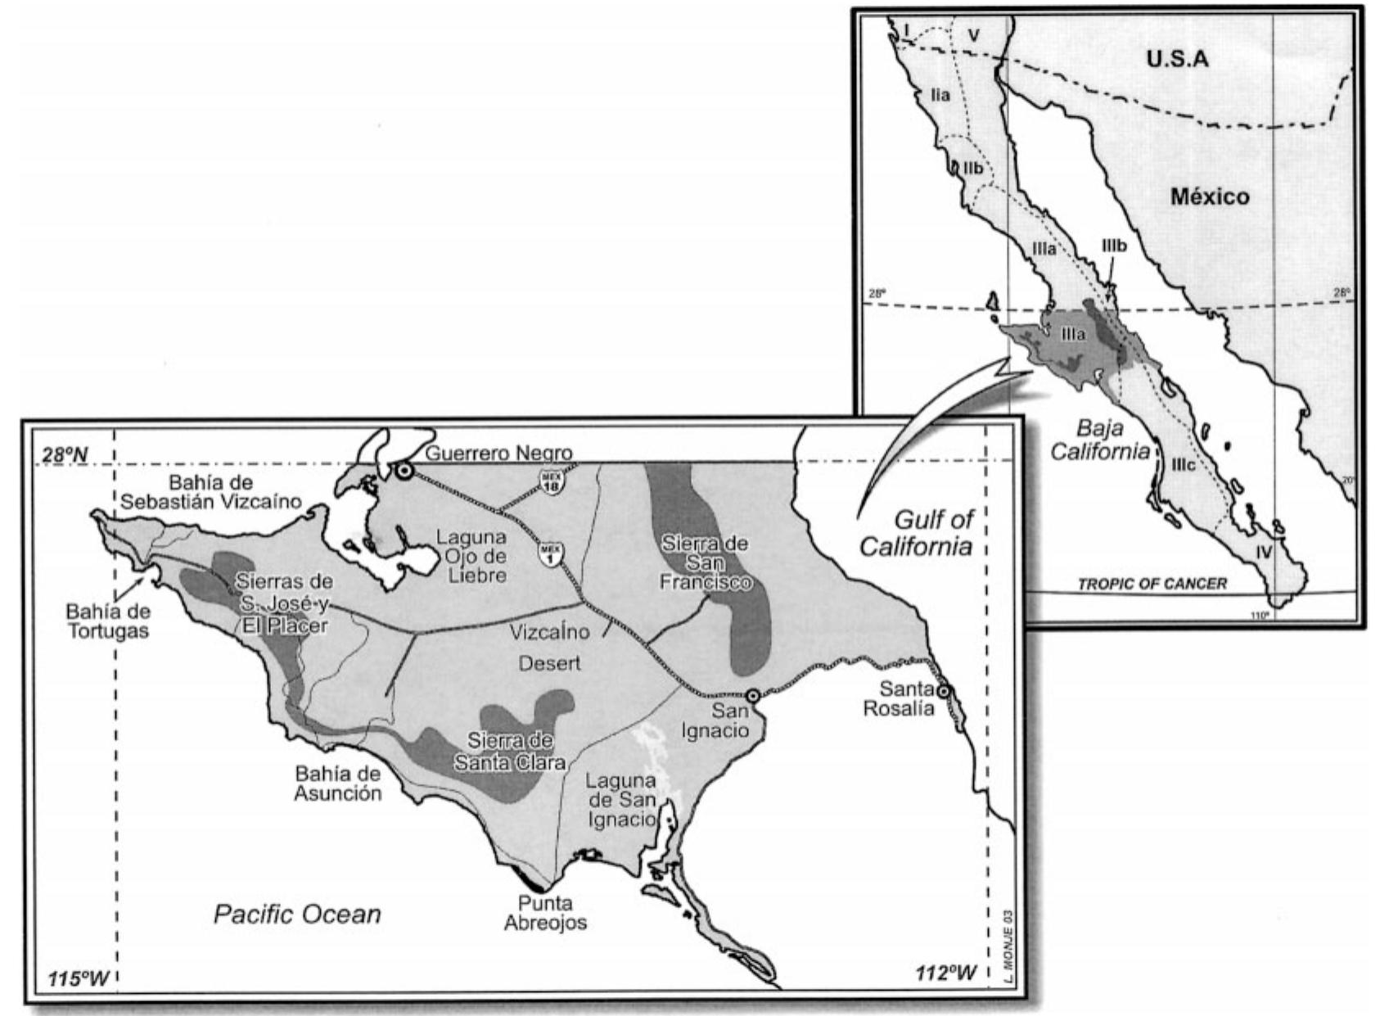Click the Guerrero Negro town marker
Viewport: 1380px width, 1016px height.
click(403, 471)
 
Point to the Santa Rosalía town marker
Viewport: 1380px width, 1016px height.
click(943, 692)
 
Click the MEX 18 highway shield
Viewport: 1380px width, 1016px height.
click(549, 481)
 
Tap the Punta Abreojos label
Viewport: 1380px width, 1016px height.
click(545, 913)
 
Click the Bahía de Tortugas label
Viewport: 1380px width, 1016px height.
click(108, 621)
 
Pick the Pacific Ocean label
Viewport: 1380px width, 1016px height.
click(297, 914)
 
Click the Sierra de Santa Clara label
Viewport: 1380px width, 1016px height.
click(511, 751)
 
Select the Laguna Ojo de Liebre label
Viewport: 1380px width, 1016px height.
click(471, 556)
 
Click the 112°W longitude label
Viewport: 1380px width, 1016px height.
click(946, 972)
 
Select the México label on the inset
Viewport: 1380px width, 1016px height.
click(1209, 196)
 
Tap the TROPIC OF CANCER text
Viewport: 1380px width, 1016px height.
click(1152, 584)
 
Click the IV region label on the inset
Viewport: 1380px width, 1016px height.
click(1264, 553)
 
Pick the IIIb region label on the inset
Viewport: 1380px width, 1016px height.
click(1115, 245)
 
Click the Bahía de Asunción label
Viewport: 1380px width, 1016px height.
click(338, 783)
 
